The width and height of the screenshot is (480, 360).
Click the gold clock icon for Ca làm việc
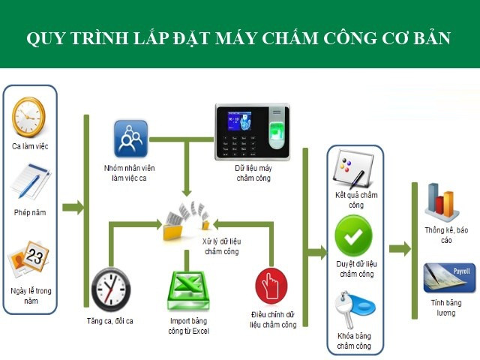tap(29, 117)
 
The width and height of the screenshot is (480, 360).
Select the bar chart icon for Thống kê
tap(442, 201)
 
